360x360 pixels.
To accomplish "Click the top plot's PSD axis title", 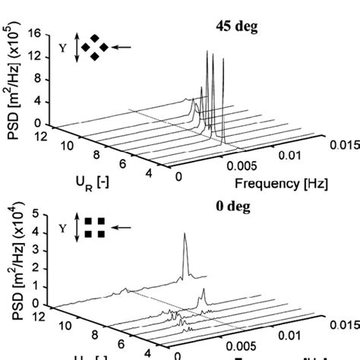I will (13, 80).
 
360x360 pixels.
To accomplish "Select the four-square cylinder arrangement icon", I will (96, 227).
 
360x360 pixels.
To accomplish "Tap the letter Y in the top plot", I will (63, 47).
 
